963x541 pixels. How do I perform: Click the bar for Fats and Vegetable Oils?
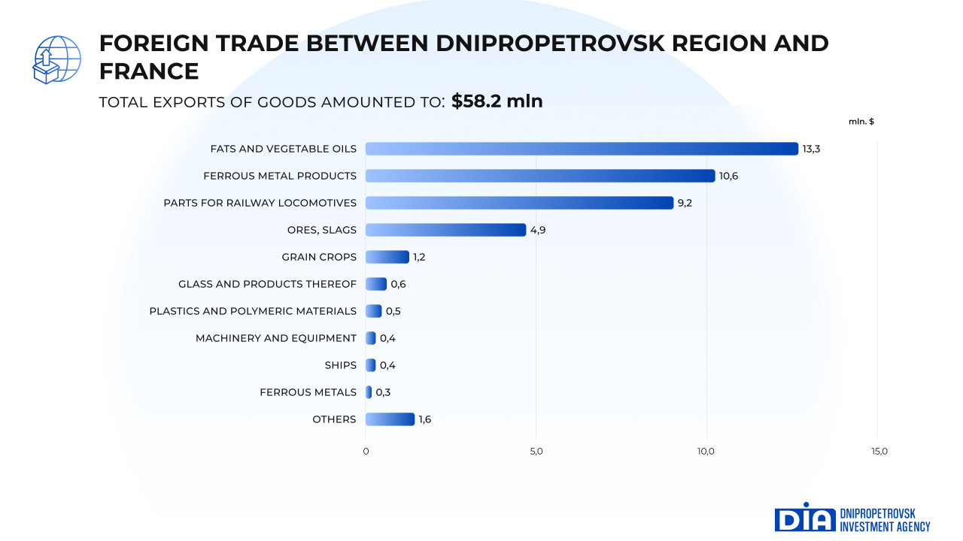pos(582,149)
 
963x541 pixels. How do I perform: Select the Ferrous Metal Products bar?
pos(540,176)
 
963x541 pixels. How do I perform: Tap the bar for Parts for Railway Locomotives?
pos(519,203)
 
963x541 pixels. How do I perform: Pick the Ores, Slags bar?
pos(445,230)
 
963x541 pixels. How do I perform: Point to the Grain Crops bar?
pos(387,257)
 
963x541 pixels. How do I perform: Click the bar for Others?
pos(390,419)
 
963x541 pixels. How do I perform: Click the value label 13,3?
pos(811,149)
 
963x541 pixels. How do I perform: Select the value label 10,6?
pos(728,176)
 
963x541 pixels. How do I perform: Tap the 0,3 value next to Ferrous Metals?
pos(383,392)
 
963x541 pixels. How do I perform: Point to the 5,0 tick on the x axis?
pos(536,452)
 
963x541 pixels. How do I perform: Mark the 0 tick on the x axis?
pos(366,452)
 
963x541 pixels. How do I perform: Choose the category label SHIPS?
pos(340,365)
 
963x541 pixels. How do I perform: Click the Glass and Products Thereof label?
pos(267,284)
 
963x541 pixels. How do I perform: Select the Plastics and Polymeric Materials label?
pos(253,311)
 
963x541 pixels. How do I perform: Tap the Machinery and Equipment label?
pos(276,338)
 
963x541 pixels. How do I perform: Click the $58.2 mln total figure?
pos(497,101)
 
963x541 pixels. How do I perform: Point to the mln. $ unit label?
pos(861,122)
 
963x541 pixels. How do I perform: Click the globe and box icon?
pos(56,59)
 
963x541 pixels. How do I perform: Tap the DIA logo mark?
pos(804,518)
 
